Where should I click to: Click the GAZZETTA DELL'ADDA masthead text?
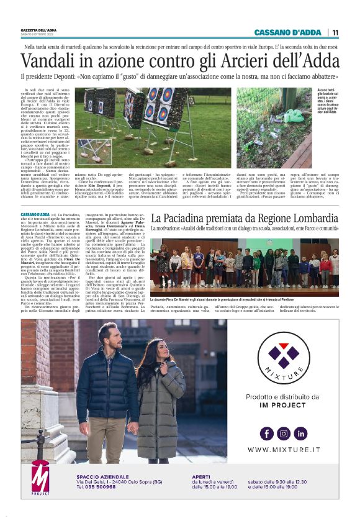[39, 29]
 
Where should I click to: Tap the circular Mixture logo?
[284, 360]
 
